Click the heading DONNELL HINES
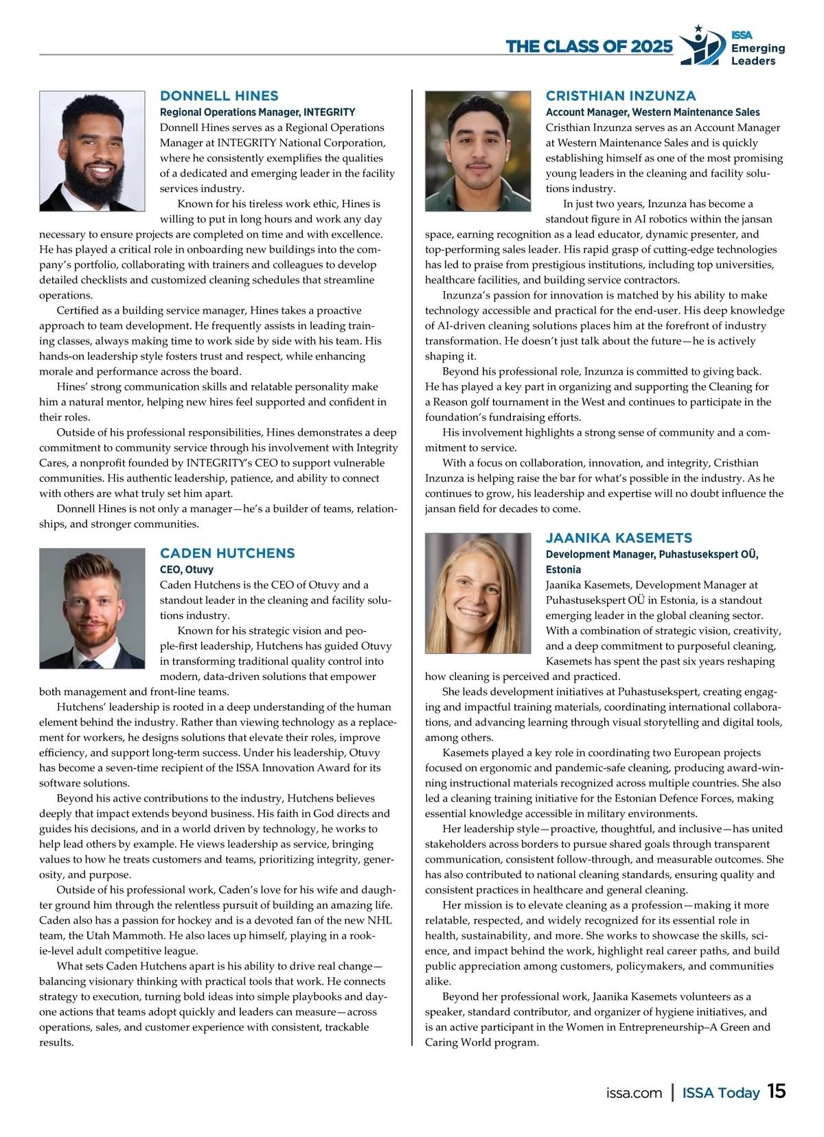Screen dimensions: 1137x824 219,96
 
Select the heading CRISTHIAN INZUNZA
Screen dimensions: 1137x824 621,96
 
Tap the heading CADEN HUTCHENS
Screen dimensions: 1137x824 227,553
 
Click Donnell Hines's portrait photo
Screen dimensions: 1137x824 92,151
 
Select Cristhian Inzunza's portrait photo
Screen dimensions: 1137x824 478,151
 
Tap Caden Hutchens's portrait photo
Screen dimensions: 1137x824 92,608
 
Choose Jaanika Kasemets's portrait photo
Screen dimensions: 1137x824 478,593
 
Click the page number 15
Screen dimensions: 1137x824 777,1092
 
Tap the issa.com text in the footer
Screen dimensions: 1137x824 634,1093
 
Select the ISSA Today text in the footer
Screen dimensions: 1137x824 720,1093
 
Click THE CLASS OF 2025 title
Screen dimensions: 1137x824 589,47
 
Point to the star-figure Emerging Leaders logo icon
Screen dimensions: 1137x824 702,47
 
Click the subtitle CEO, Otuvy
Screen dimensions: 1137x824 187,570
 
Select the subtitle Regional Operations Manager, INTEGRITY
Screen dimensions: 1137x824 257,112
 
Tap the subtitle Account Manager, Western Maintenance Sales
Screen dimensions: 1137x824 652,112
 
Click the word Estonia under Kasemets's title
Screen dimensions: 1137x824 563,570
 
